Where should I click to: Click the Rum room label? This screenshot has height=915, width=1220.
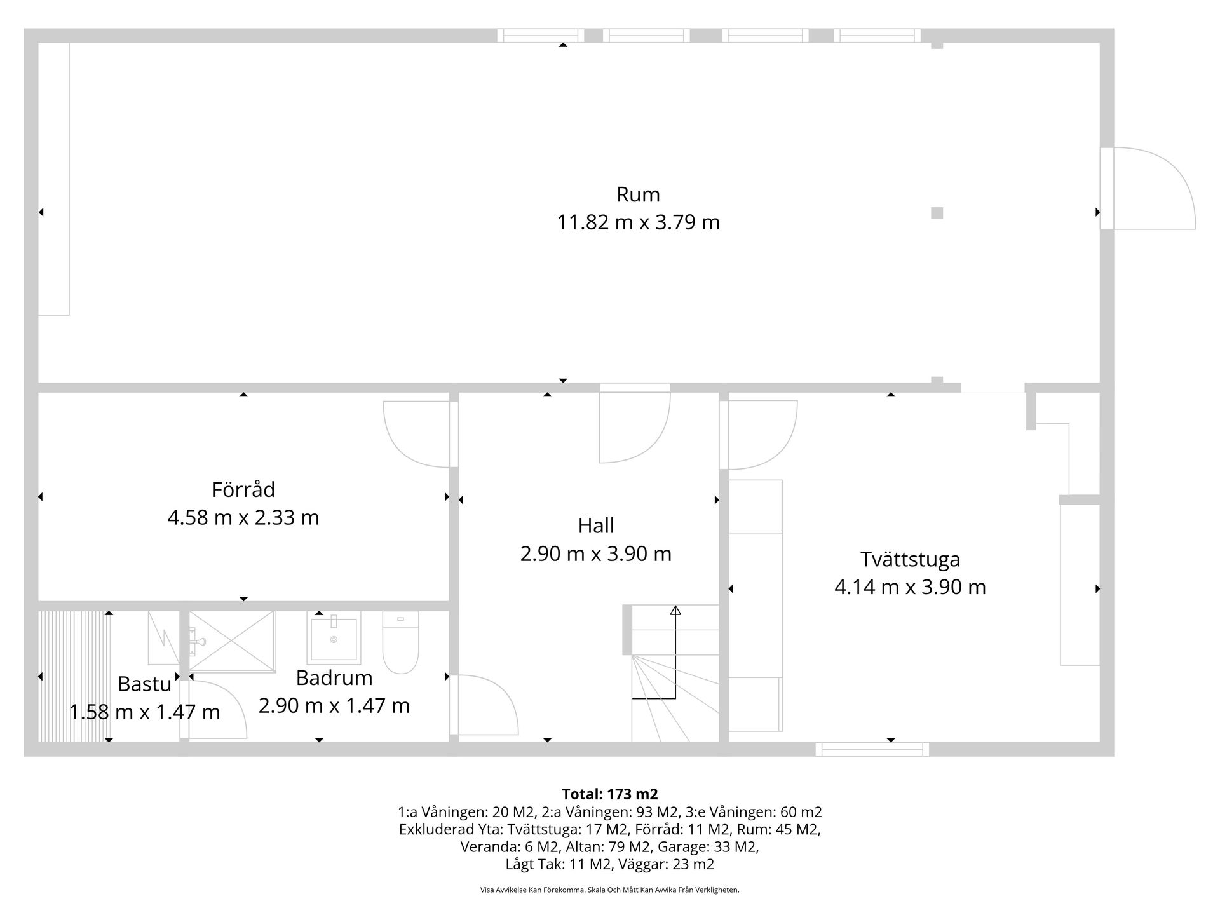point(638,194)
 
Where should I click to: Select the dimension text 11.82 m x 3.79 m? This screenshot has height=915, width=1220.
point(638,222)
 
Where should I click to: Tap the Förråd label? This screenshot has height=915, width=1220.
point(243,490)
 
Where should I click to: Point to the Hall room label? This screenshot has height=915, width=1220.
point(596,525)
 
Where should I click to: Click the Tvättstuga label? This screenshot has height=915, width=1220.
point(910,559)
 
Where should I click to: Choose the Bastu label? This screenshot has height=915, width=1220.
point(144,684)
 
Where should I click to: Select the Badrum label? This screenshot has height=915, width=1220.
point(334,678)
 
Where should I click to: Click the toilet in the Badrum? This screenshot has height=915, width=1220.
point(400,643)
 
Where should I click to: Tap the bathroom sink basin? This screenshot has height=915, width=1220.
point(334,639)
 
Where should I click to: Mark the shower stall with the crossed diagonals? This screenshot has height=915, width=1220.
point(233,641)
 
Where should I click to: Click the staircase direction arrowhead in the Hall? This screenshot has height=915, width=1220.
point(675,611)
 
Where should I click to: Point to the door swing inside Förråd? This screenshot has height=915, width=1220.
point(416,435)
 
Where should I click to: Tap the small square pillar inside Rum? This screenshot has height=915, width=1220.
point(937,213)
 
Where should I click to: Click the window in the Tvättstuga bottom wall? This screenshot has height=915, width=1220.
point(872,749)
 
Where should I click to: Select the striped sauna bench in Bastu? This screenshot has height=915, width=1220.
point(71,676)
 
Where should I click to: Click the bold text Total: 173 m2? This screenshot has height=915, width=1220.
point(609,794)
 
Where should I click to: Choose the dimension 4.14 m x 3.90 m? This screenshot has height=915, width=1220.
point(910,587)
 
